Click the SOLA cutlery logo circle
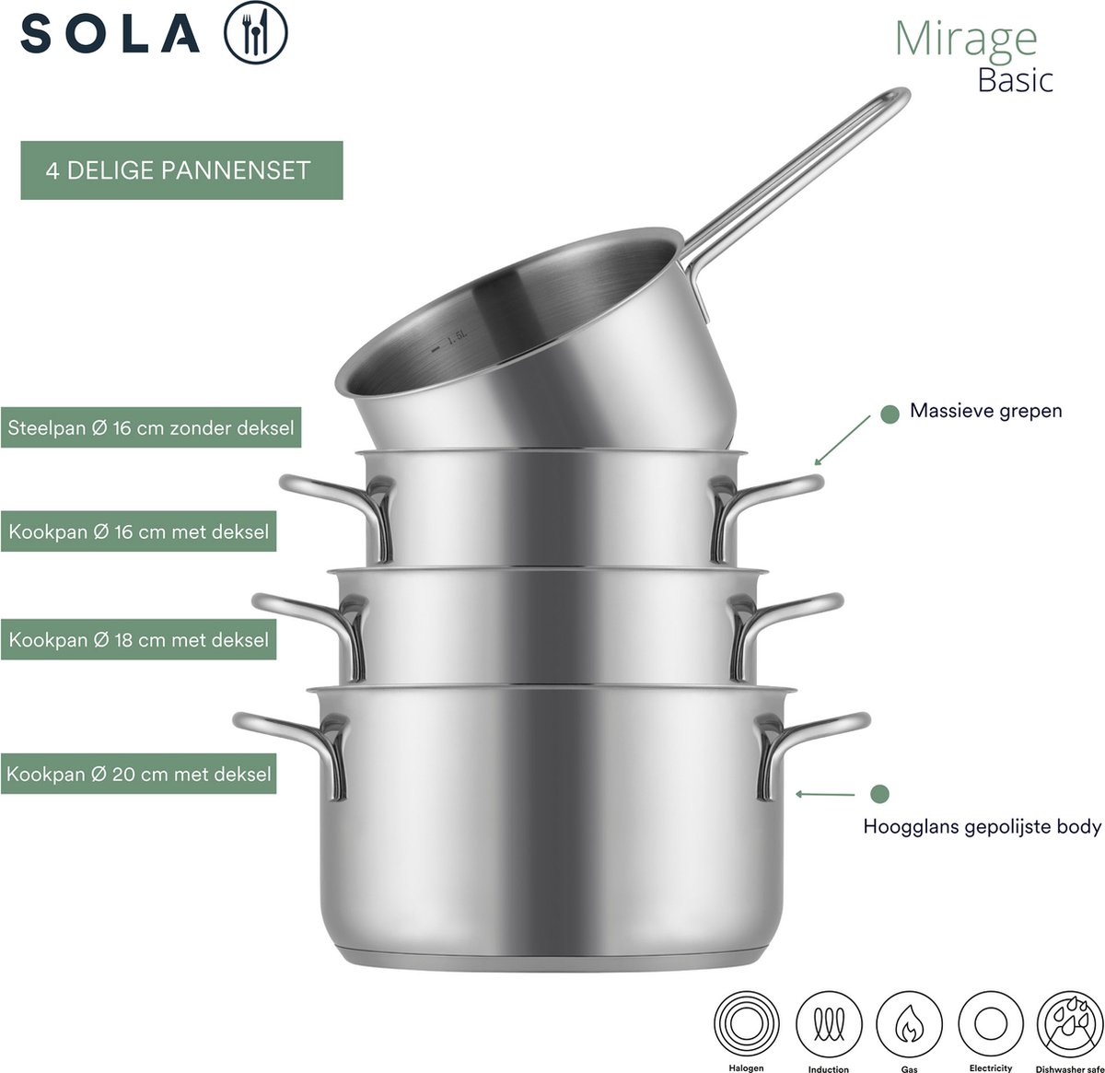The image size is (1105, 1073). [x=255, y=32]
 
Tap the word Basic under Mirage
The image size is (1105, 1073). [x=1015, y=80]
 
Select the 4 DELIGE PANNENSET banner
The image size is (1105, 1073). [x=181, y=170]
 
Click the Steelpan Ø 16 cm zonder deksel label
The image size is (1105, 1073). [x=151, y=427]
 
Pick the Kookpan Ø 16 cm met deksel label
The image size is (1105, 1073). [x=138, y=531]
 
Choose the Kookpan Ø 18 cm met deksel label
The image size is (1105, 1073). [x=138, y=639]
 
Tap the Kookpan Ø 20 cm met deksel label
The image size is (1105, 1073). [x=138, y=773]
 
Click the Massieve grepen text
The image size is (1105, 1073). [x=985, y=411]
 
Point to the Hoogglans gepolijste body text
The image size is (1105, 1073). [x=982, y=826]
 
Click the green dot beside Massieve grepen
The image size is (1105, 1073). [x=890, y=414]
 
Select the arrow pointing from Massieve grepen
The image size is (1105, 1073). [x=842, y=440]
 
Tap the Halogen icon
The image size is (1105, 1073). [x=746, y=1024]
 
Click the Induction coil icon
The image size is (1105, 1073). [x=829, y=1024]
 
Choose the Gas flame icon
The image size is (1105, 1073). [x=909, y=1024]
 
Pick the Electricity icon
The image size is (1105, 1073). [x=990, y=1024]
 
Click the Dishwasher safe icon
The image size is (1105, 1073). [x=1070, y=1024]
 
